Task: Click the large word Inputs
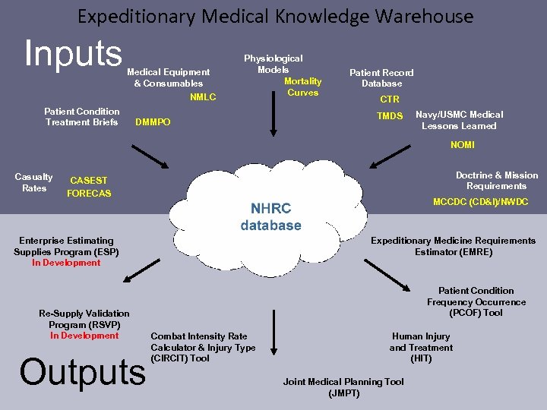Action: coord(73,53)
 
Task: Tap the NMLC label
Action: coord(203,97)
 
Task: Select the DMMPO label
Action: coord(153,122)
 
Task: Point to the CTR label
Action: coord(390,99)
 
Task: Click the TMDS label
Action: coord(390,116)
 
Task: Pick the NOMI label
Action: coord(463,144)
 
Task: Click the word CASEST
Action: coord(89,181)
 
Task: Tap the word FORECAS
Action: coord(89,194)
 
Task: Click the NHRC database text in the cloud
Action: coord(270,216)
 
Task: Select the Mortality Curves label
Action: coord(302,87)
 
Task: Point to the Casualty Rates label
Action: coord(34,182)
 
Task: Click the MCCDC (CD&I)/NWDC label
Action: coord(480,202)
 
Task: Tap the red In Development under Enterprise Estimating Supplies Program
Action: coord(66,263)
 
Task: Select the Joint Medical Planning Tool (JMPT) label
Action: coord(343,387)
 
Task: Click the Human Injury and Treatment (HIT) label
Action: coord(421,347)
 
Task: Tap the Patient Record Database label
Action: coord(381,77)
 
